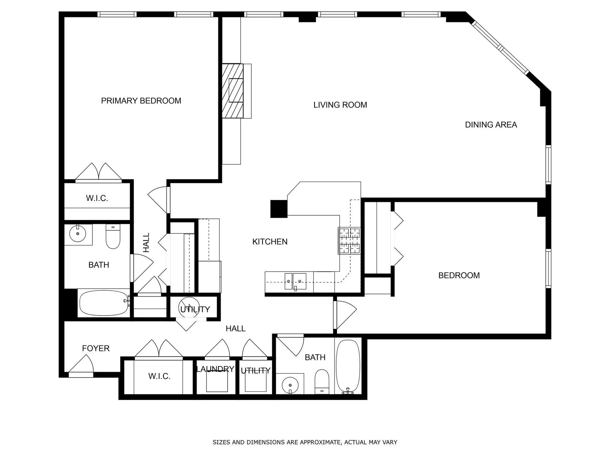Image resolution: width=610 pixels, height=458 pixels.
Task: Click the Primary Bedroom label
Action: (x=141, y=101)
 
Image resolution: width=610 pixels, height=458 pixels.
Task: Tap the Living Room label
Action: (x=340, y=105)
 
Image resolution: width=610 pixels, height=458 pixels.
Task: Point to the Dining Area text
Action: (x=491, y=125)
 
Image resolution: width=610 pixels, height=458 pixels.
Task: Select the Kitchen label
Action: (x=270, y=242)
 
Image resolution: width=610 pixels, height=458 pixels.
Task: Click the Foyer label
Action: (x=96, y=348)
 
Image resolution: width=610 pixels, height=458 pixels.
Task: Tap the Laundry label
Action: (x=215, y=369)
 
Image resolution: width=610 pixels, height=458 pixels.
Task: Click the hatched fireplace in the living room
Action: (x=233, y=91)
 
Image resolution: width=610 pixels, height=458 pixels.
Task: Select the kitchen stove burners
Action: (x=349, y=240)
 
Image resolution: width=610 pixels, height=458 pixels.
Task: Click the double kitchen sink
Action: (x=295, y=281)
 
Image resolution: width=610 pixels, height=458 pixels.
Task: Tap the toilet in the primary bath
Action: (x=113, y=237)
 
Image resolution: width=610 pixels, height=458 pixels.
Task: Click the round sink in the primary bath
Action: (x=78, y=234)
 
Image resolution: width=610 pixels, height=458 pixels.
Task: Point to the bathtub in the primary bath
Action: (x=104, y=303)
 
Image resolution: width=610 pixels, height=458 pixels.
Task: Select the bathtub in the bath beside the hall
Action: (x=348, y=367)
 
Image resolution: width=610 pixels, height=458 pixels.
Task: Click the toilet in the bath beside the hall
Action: (x=322, y=382)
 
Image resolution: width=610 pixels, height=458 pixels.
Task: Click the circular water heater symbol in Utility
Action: (x=189, y=307)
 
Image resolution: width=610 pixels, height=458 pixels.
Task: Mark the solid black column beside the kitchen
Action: (x=279, y=209)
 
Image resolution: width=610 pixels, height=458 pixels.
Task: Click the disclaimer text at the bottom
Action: (x=305, y=442)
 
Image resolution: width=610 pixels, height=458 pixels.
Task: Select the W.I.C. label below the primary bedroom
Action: (x=97, y=198)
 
